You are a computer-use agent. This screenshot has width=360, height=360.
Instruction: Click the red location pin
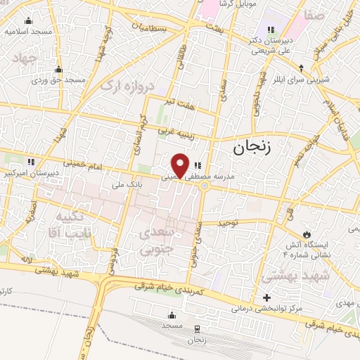(x=181, y=164)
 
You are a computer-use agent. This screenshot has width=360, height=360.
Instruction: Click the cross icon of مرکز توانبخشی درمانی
(x=266, y=298)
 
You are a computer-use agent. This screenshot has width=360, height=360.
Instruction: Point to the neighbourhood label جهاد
(x=25, y=58)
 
